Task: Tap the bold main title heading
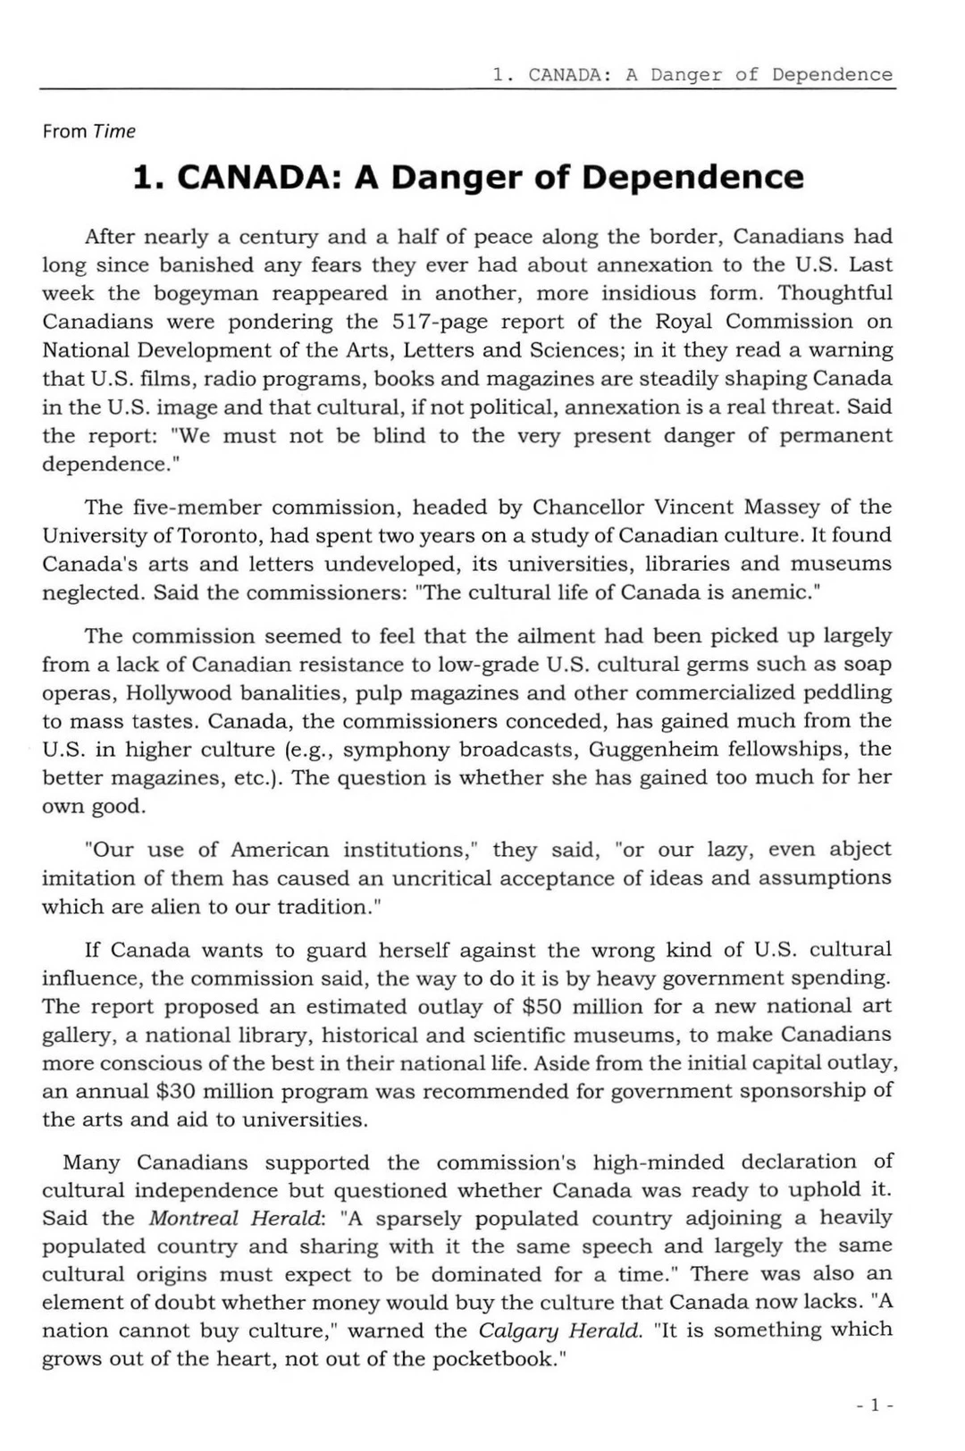pyautogui.click(x=467, y=177)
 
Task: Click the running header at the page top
pyautogui.click(x=692, y=75)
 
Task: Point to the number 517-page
pyautogui.click(x=437, y=322)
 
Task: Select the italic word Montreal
pyautogui.click(x=194, y=1219)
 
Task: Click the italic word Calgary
pyautogui.click(x=513, y=1331)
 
